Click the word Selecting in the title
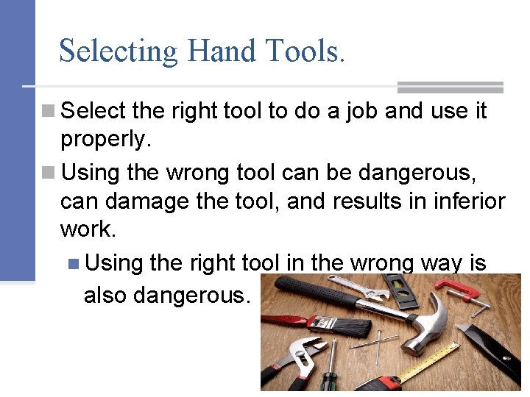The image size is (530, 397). (118, 51)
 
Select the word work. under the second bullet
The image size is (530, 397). (88, 229)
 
